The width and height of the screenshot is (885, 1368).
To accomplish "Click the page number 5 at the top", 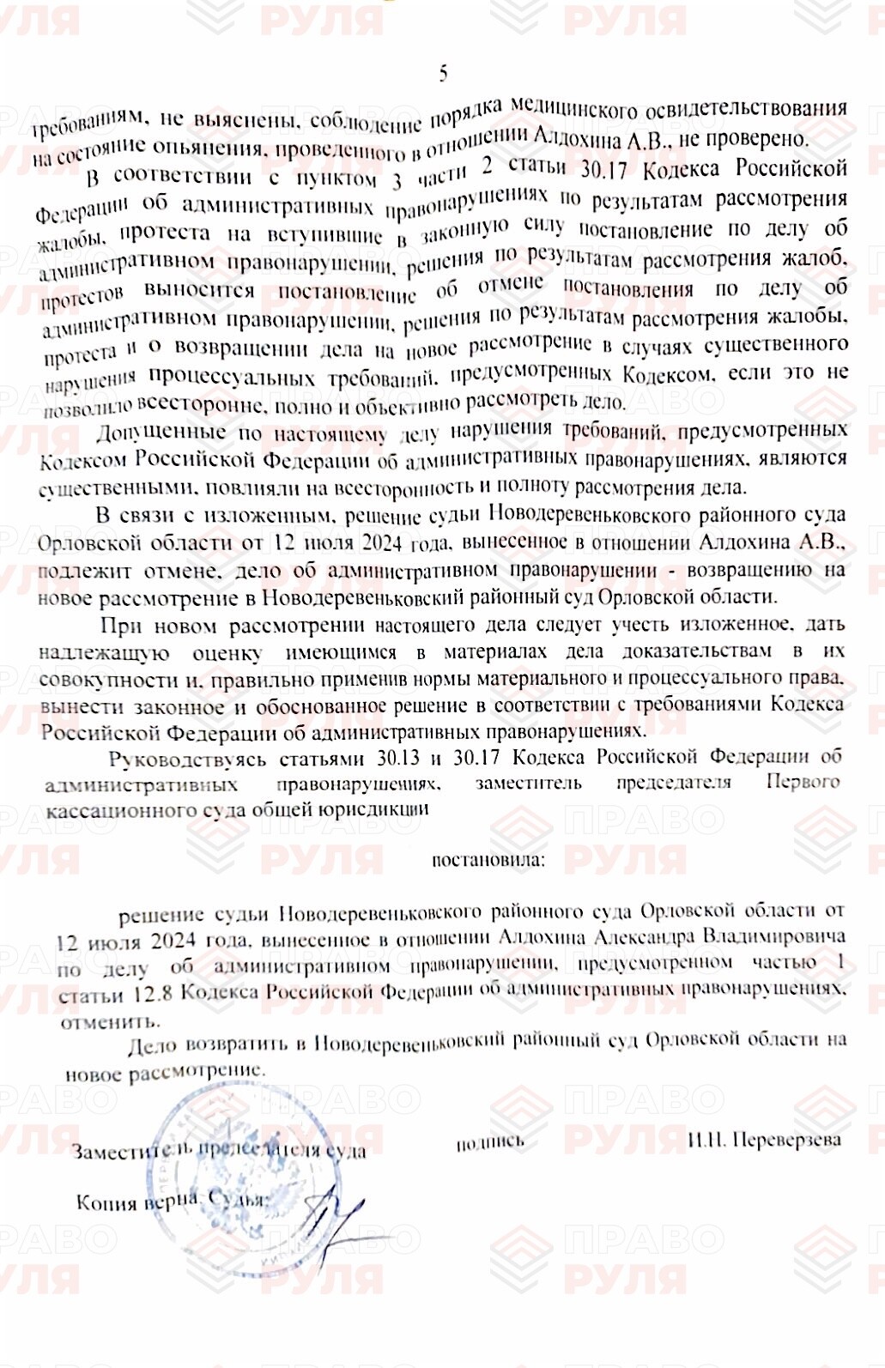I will [x=443, y=74].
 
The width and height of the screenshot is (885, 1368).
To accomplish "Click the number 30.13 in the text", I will [x=398, y=758].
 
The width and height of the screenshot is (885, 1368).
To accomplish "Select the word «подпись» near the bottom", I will [x=489, y=1142].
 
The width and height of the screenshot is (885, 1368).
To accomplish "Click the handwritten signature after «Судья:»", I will [x=330, y=1219].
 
